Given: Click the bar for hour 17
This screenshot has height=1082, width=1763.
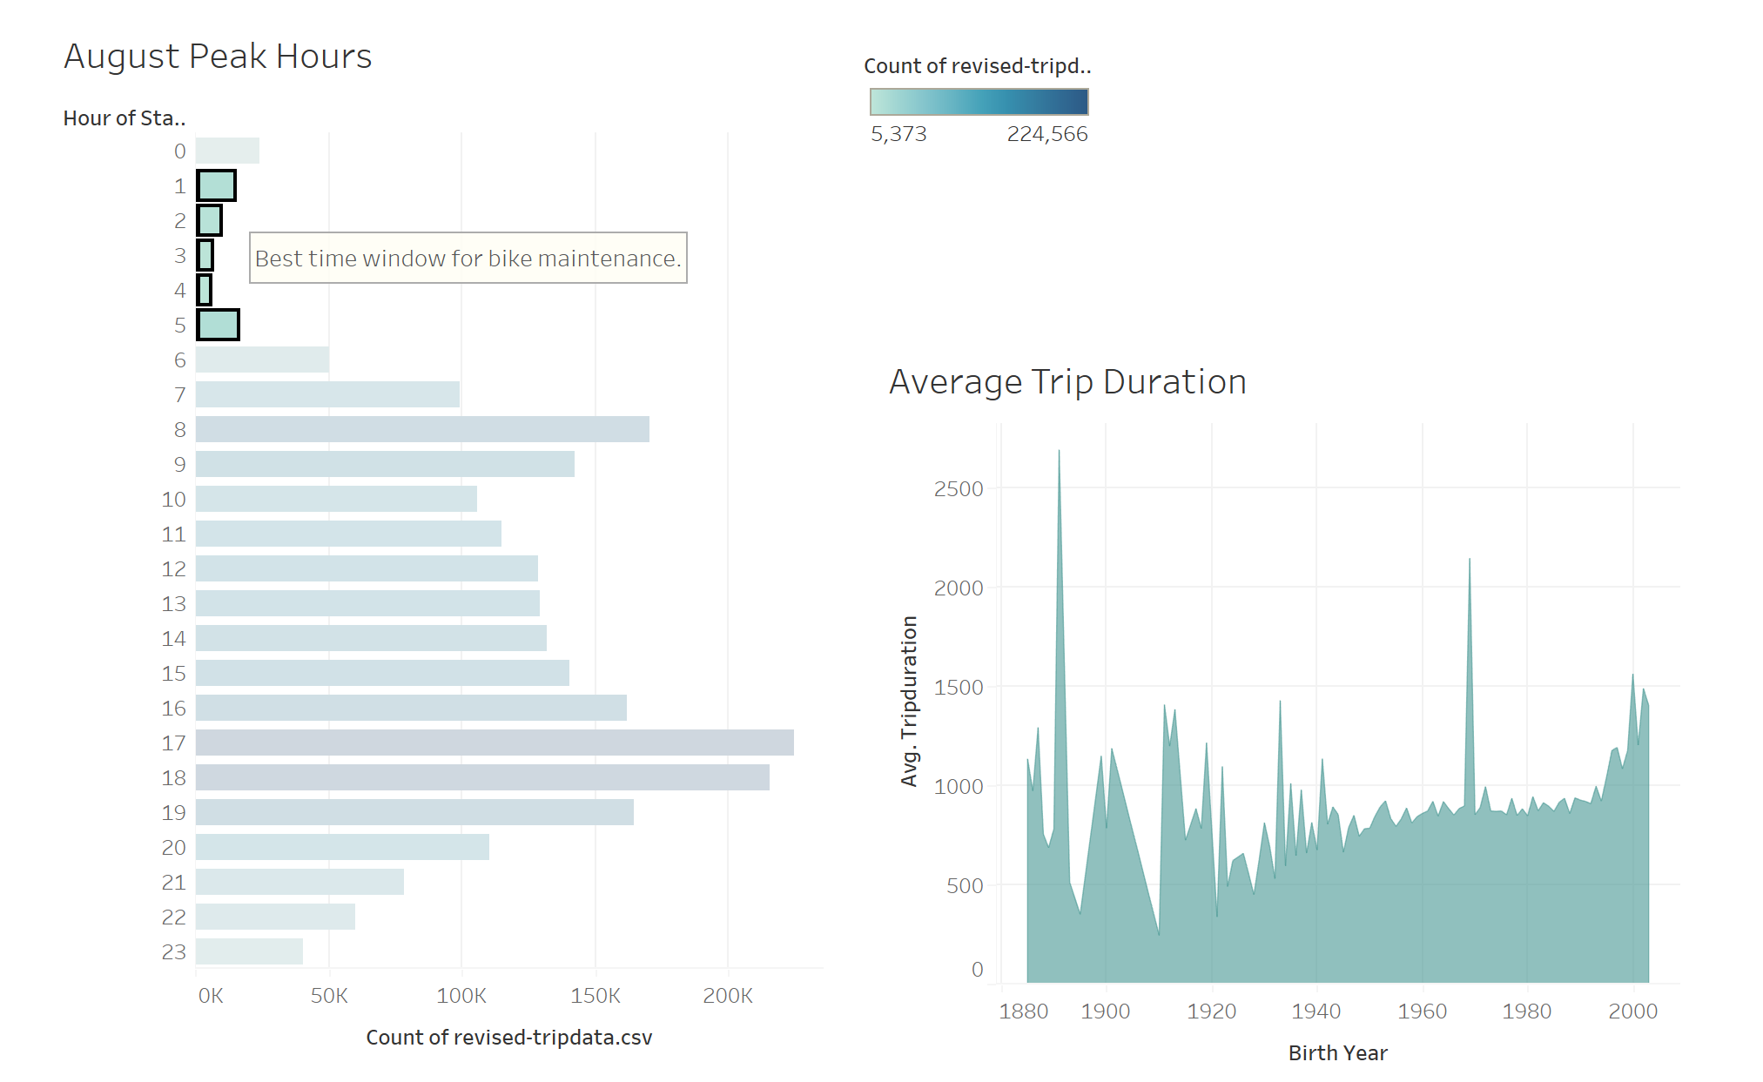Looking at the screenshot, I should pyautogui.click(x=495, y=743).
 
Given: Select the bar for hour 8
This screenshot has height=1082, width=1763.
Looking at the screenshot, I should pyautogui.click(x=422, y=429).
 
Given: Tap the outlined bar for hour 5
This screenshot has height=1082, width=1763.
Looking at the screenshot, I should pyautogui.click(x=218, y=325).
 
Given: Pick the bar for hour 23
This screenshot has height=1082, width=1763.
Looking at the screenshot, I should pyautogui.click(x=249, y=951).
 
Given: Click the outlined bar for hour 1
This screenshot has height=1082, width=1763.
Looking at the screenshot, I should pyautogui.click(x=216, y=185).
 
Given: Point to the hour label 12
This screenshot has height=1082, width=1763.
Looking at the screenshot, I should pyautogui.click(x=173, y=569).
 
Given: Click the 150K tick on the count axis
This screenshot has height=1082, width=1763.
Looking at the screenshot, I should pyautogui.click(x=596, y=996).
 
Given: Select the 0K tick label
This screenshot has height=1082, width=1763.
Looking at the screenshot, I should pyautogui.click(x=211, y=996).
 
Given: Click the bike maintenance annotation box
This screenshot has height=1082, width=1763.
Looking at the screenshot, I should pyautogui.click(x=468, y=259).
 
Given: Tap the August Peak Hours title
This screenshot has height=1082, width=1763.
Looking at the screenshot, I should pyautogui.click(x=218, y=57).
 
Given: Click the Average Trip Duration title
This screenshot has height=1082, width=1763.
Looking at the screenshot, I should pyautogui.click(x=1067, y=382).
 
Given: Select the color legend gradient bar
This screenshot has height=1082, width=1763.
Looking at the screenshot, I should pyautogui.click(x=979, y=102).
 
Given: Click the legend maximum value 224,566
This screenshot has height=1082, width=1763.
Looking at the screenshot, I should pyautogui.click(x=1046, y=134).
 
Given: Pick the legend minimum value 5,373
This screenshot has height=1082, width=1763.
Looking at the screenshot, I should pyautogui.click(x=898, y=134).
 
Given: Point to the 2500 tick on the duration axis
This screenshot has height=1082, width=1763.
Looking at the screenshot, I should pyautogui.click(x=958, y=489).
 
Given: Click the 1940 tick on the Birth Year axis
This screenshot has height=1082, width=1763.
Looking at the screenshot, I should pyautogui.click(x=1316, y=1011).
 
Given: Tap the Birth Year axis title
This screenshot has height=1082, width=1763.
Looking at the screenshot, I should pyautogui.click(x=1337, y=1053).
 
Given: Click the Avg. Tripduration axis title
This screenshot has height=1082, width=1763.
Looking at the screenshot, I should pyautogui.click(x=909, y=701).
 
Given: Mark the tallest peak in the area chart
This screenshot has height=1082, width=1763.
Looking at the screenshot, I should pyautogui.click(x=1059, y=453).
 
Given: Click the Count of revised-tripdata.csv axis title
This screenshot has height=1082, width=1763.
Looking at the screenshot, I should pyautogui.click(x=508, y=1038).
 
